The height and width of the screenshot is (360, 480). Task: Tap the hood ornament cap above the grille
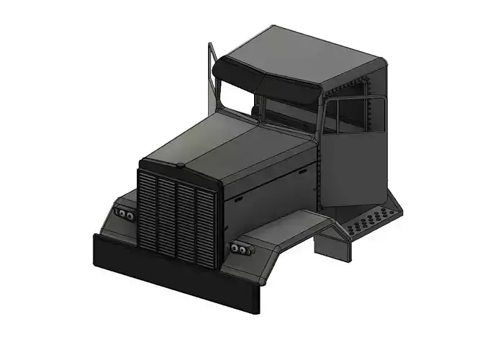pos(179,166)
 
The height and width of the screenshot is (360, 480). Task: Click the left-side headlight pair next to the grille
pos(124,215)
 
